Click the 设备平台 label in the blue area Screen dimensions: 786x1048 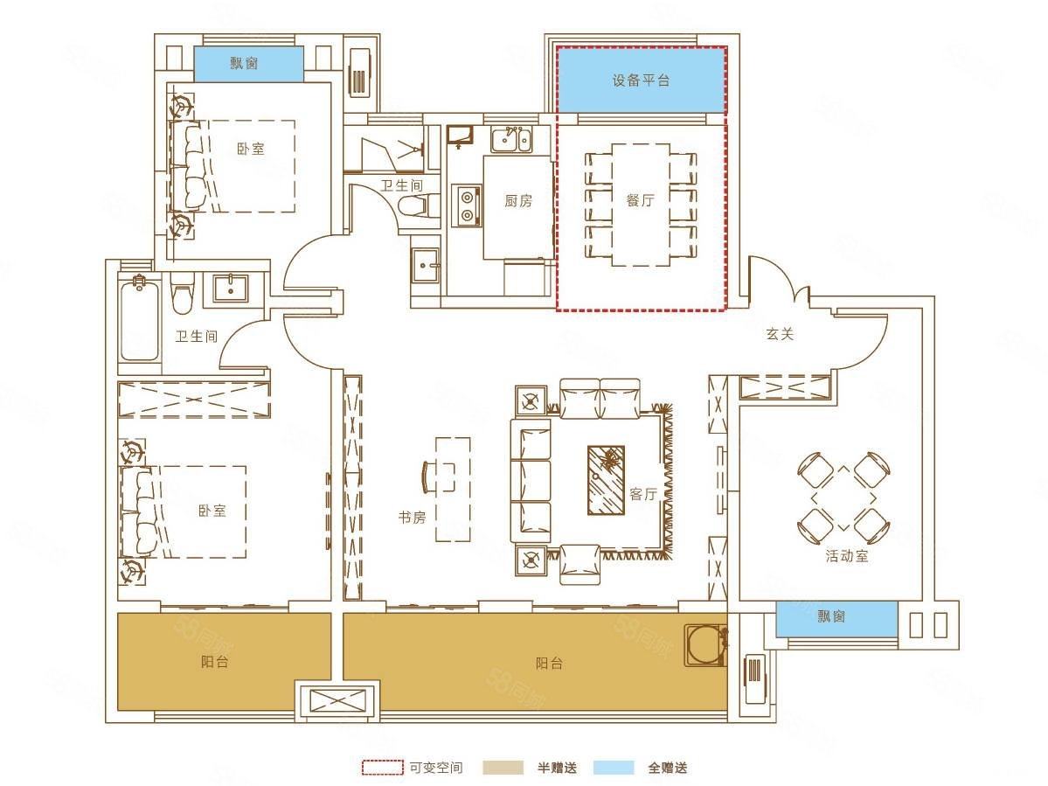click(641, 80)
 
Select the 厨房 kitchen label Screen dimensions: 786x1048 click(517, 200)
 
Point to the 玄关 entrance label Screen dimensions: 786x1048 click(780, 334)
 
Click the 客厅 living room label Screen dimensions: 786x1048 click(643, 494)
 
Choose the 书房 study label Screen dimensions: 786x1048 click(411, 517)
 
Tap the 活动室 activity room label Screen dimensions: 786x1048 click(847, 556)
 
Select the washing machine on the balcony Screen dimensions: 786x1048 click(705, 645)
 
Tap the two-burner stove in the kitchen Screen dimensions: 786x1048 click(467, 205)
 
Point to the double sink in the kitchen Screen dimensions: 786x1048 click(512, 139)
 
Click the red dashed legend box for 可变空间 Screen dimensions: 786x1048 click(382, 768)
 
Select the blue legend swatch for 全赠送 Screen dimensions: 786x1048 click(614, 768)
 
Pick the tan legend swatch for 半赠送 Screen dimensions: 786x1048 click(502, 768)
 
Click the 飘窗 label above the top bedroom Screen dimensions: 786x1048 click(245, 64)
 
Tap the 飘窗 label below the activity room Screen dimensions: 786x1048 click(832, 616)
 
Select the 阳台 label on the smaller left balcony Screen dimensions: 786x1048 click(214, 662)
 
